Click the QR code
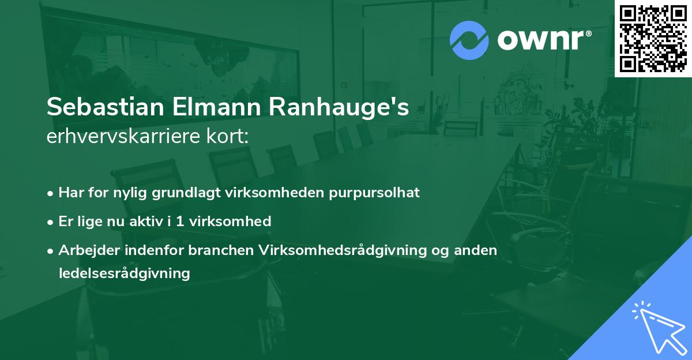tap(653, 38)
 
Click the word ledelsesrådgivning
tap(124, 273)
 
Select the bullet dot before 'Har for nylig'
tap(51, 193)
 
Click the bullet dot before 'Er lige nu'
tap(51, 222)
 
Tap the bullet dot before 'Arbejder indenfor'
tap(51, 250)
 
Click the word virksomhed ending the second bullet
tap(236, 221)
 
